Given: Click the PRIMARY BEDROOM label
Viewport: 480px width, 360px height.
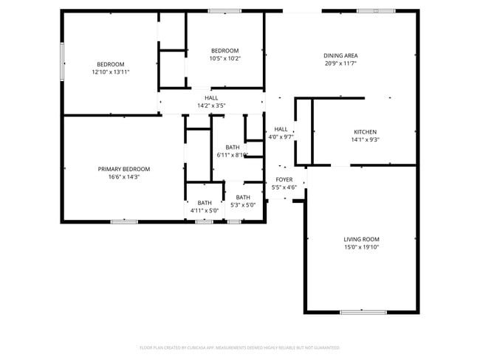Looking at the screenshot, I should [124, 169].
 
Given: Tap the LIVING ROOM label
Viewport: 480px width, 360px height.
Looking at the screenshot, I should [361, 239].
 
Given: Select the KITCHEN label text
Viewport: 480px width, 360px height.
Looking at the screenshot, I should [364, 132].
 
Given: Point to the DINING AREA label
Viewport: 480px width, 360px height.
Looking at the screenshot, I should [340, 56].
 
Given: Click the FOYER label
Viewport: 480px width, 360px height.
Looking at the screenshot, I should [284, 179].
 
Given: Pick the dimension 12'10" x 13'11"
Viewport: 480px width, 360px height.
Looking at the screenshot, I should [111, 72].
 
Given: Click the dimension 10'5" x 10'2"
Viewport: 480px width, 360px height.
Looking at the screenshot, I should [224, 58].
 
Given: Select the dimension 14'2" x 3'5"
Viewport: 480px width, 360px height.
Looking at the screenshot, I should [211, 105].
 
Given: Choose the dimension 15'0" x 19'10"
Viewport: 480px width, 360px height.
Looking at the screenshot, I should [361, 247].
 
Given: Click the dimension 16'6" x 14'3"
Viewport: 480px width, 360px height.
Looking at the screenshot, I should [124, 177].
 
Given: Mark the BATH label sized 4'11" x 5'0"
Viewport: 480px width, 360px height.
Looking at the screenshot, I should [205, 203].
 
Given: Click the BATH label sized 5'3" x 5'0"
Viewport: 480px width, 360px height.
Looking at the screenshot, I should [243, 197].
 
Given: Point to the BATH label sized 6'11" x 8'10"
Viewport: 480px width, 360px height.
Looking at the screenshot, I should [233, 147].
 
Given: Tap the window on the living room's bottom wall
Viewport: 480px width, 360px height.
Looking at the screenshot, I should [363, 312].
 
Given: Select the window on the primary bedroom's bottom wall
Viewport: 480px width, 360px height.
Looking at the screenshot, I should [124, 221].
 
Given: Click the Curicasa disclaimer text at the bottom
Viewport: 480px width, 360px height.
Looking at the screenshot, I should [239, 347].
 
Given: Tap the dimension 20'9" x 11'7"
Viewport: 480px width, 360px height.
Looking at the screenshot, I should [340, 64].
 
